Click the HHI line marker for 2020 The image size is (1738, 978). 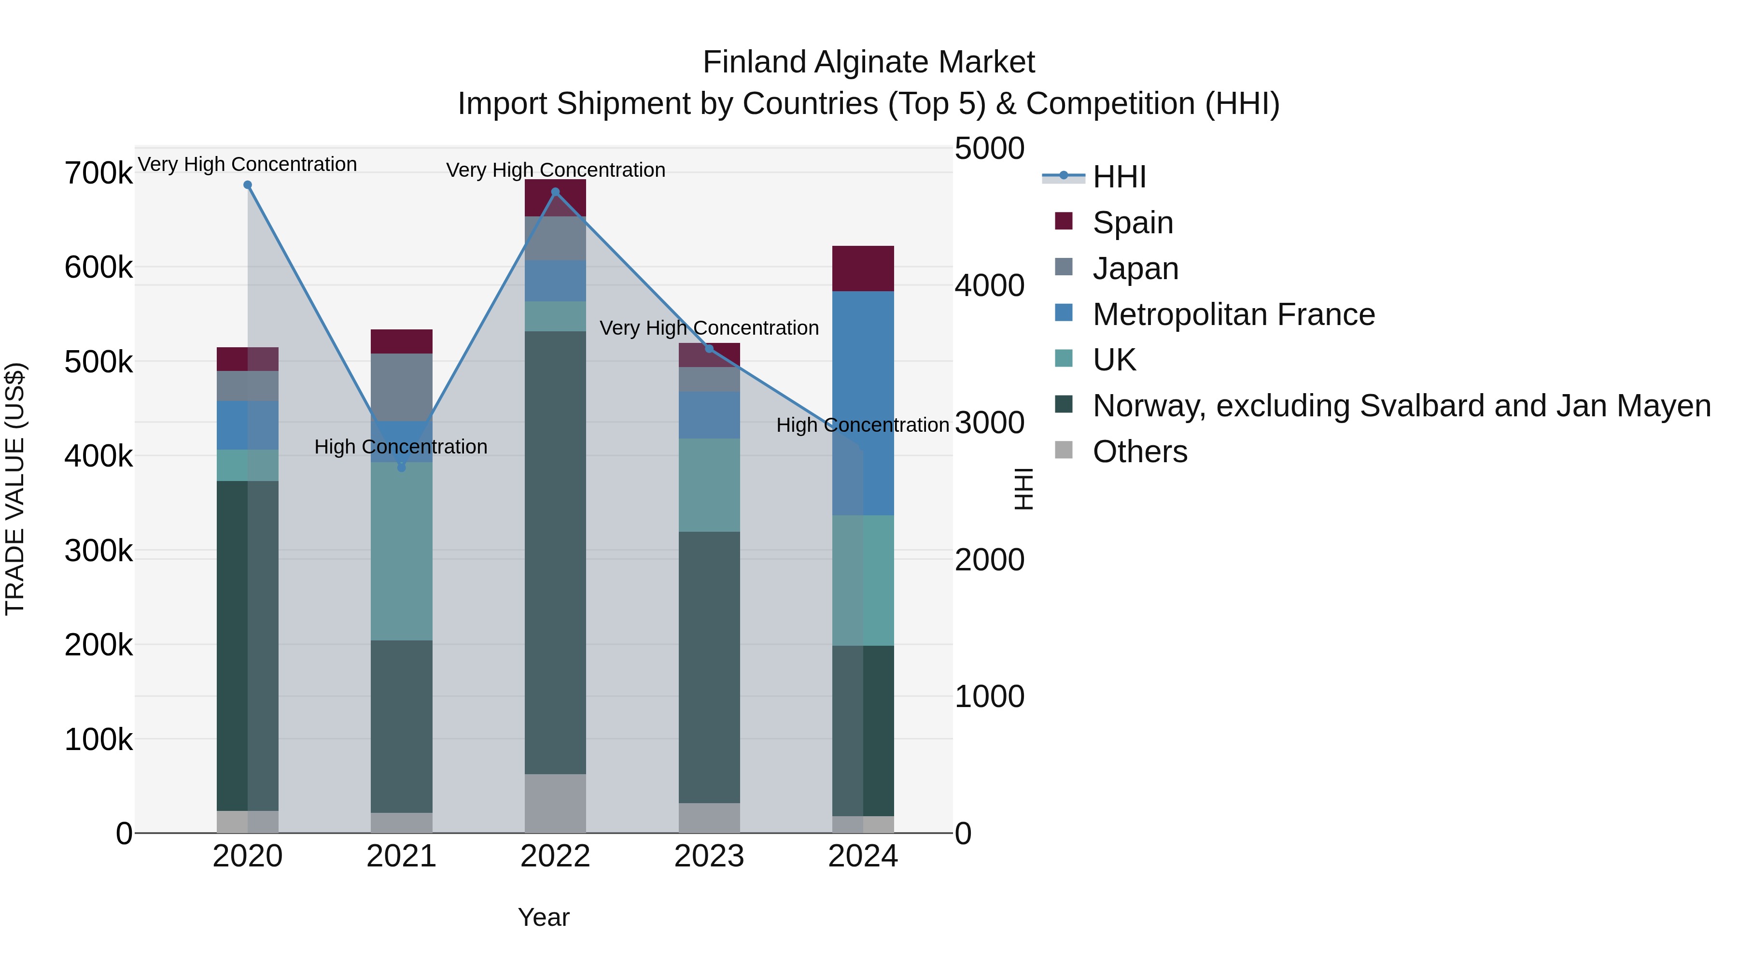tap(248, 185)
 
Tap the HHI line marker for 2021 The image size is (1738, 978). tap(402, 467)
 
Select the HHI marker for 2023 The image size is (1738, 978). tap(709, 349)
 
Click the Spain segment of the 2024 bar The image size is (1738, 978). tap(863, 269)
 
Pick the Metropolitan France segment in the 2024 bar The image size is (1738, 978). tap(863, 403)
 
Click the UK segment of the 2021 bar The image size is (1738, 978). tap(402, 551)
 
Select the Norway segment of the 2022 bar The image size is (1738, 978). tap(555, 552)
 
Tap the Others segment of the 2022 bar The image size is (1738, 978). tap(555, 803)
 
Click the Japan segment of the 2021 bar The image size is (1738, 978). tap(402, 387)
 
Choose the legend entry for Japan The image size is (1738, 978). tap(1135, 269)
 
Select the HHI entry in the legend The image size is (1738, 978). tap(1119, 177)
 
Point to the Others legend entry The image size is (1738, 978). tap(1139, 452)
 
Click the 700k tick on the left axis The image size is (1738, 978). tap(98, 173)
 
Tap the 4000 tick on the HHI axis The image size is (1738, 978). tap(989, 285)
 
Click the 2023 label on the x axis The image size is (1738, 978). tap(709, 856)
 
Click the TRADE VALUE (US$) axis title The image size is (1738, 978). tap(15, 489)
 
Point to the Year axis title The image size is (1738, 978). tap(543, 917)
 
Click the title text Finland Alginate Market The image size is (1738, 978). tap(869, 62)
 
